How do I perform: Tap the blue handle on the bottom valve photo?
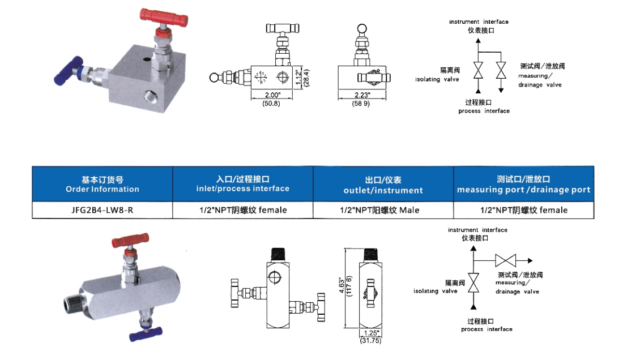pyautogui.click(x=146, y=332)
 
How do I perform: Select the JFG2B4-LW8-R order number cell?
pyautogui.click(x=103, y=210)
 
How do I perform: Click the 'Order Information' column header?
pyautogui.click(x=103, y=184)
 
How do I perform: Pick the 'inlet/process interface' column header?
pyautogui.click(x=242, y=184)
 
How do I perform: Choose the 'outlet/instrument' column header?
pyautogui.click(x=383, y=185)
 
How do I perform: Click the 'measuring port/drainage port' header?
pyautogui.click(x=523, y=185)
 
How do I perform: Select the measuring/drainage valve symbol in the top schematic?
pyautogui.click(x=501, y=72)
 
